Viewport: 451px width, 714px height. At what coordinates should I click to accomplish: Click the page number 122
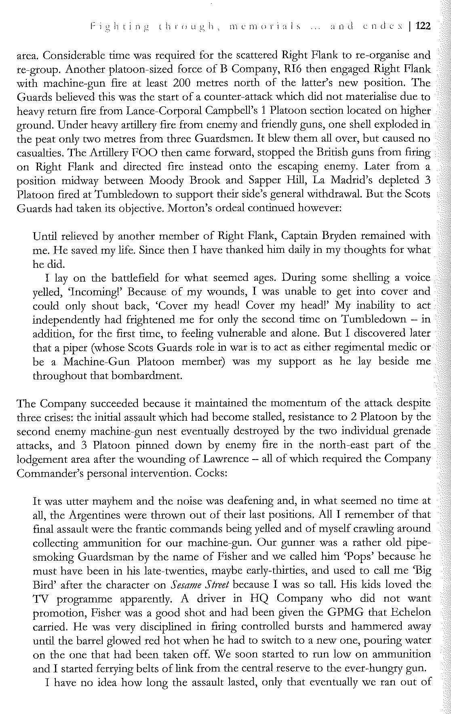coord(423,26)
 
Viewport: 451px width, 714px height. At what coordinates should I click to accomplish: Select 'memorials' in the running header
coord(265,26)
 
